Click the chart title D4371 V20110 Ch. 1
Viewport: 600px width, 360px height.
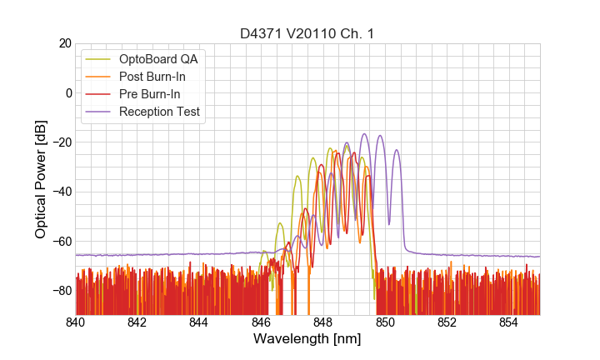307,33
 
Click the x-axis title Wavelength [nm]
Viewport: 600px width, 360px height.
307,339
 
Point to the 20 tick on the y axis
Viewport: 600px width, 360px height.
64,43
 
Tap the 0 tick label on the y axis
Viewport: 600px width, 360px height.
67,92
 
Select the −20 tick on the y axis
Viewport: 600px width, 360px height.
61,142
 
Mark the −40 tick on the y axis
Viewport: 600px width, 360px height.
61,192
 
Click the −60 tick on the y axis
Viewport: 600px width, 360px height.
61,241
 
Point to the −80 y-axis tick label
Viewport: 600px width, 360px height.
61,291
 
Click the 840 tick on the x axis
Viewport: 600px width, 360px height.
75,322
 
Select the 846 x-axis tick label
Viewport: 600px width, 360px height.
261,322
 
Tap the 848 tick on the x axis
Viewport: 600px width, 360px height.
323,322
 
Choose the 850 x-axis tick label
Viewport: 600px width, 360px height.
385,322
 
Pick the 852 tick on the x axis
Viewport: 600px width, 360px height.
447,322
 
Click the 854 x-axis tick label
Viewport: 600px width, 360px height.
509,322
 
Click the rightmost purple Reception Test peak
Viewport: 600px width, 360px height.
397,151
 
